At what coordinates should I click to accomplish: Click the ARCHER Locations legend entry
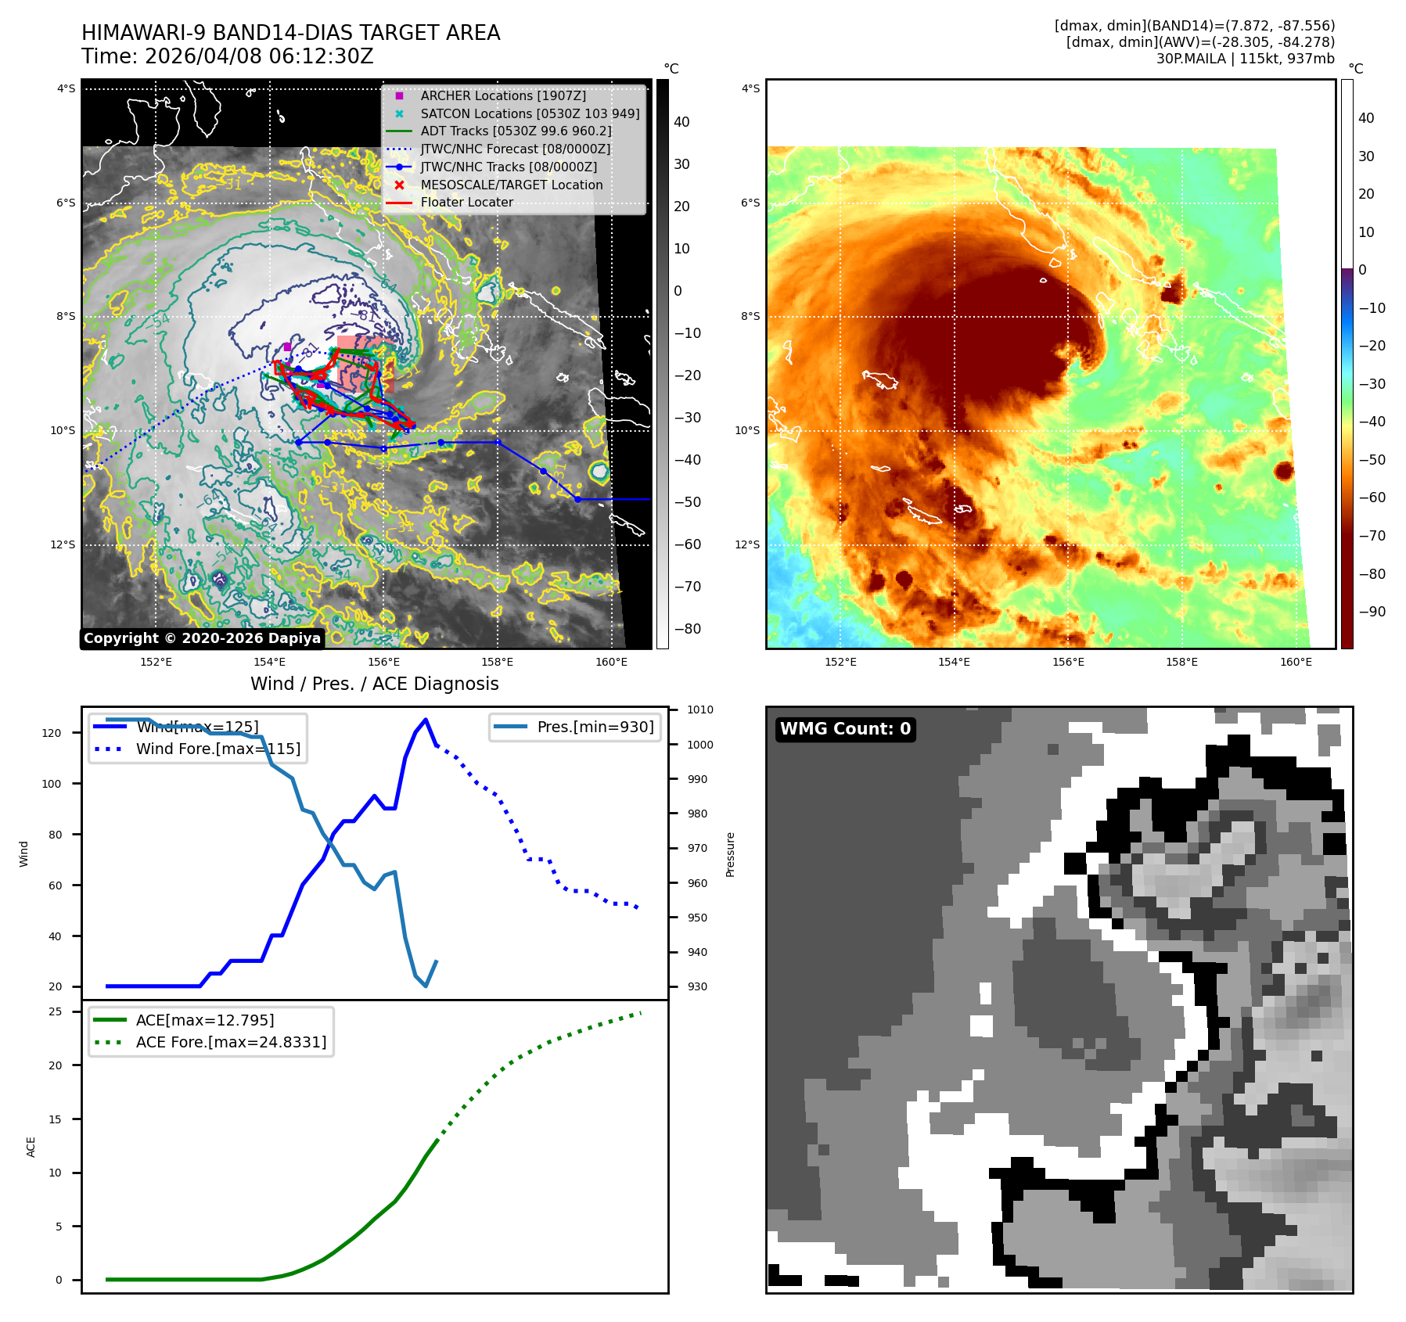(x=502, y=95)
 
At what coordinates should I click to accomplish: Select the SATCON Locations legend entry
(x=529, y=113)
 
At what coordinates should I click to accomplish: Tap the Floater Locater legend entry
(x=466, y=202)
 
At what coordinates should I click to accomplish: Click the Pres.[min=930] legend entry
(x=595, y=727)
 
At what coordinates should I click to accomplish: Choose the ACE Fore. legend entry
(x=230, y=1042)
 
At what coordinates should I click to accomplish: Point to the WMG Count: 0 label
(x=845, y=729)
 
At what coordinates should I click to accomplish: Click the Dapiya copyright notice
(x=202, y=638)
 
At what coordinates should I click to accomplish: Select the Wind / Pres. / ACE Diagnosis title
(x=374, y=684)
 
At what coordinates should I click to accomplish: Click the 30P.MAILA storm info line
(x=1245, y=59)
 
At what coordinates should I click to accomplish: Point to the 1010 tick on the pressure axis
(x=699, y=709)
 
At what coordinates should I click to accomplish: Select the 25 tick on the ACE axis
(x=55, y=1011)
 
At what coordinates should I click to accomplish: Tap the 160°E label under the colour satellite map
(x=1296, y=662)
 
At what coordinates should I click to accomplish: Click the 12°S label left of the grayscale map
(x=63, y=544)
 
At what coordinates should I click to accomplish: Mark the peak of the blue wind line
(x=426, y=720)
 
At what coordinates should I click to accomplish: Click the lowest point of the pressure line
(x=426, y=986)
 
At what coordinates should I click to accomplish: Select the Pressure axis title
(x=730, y=854)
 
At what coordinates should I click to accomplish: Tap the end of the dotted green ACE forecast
(x=641, y=1012)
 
